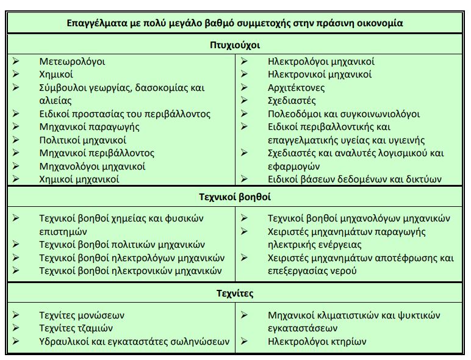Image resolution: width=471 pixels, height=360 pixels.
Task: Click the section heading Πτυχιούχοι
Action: tap(235, 45)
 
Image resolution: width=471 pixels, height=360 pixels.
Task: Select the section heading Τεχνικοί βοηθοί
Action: tap(235, 197)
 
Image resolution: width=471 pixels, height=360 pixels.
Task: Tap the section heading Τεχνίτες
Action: tap(235, 293)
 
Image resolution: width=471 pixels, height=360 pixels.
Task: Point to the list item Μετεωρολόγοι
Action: tap(72, 62)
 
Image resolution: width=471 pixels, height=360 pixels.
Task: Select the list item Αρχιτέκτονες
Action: tap(296, 88)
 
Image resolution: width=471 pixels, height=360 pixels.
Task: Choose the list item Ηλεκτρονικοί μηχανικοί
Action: tap(320, 74)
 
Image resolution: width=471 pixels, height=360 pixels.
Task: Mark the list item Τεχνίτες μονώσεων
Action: tap(81, 315)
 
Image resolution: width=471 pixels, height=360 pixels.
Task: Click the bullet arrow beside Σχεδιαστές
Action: tap(244, 101)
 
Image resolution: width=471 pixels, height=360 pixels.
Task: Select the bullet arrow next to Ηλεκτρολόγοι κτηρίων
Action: tap(244, 342)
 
